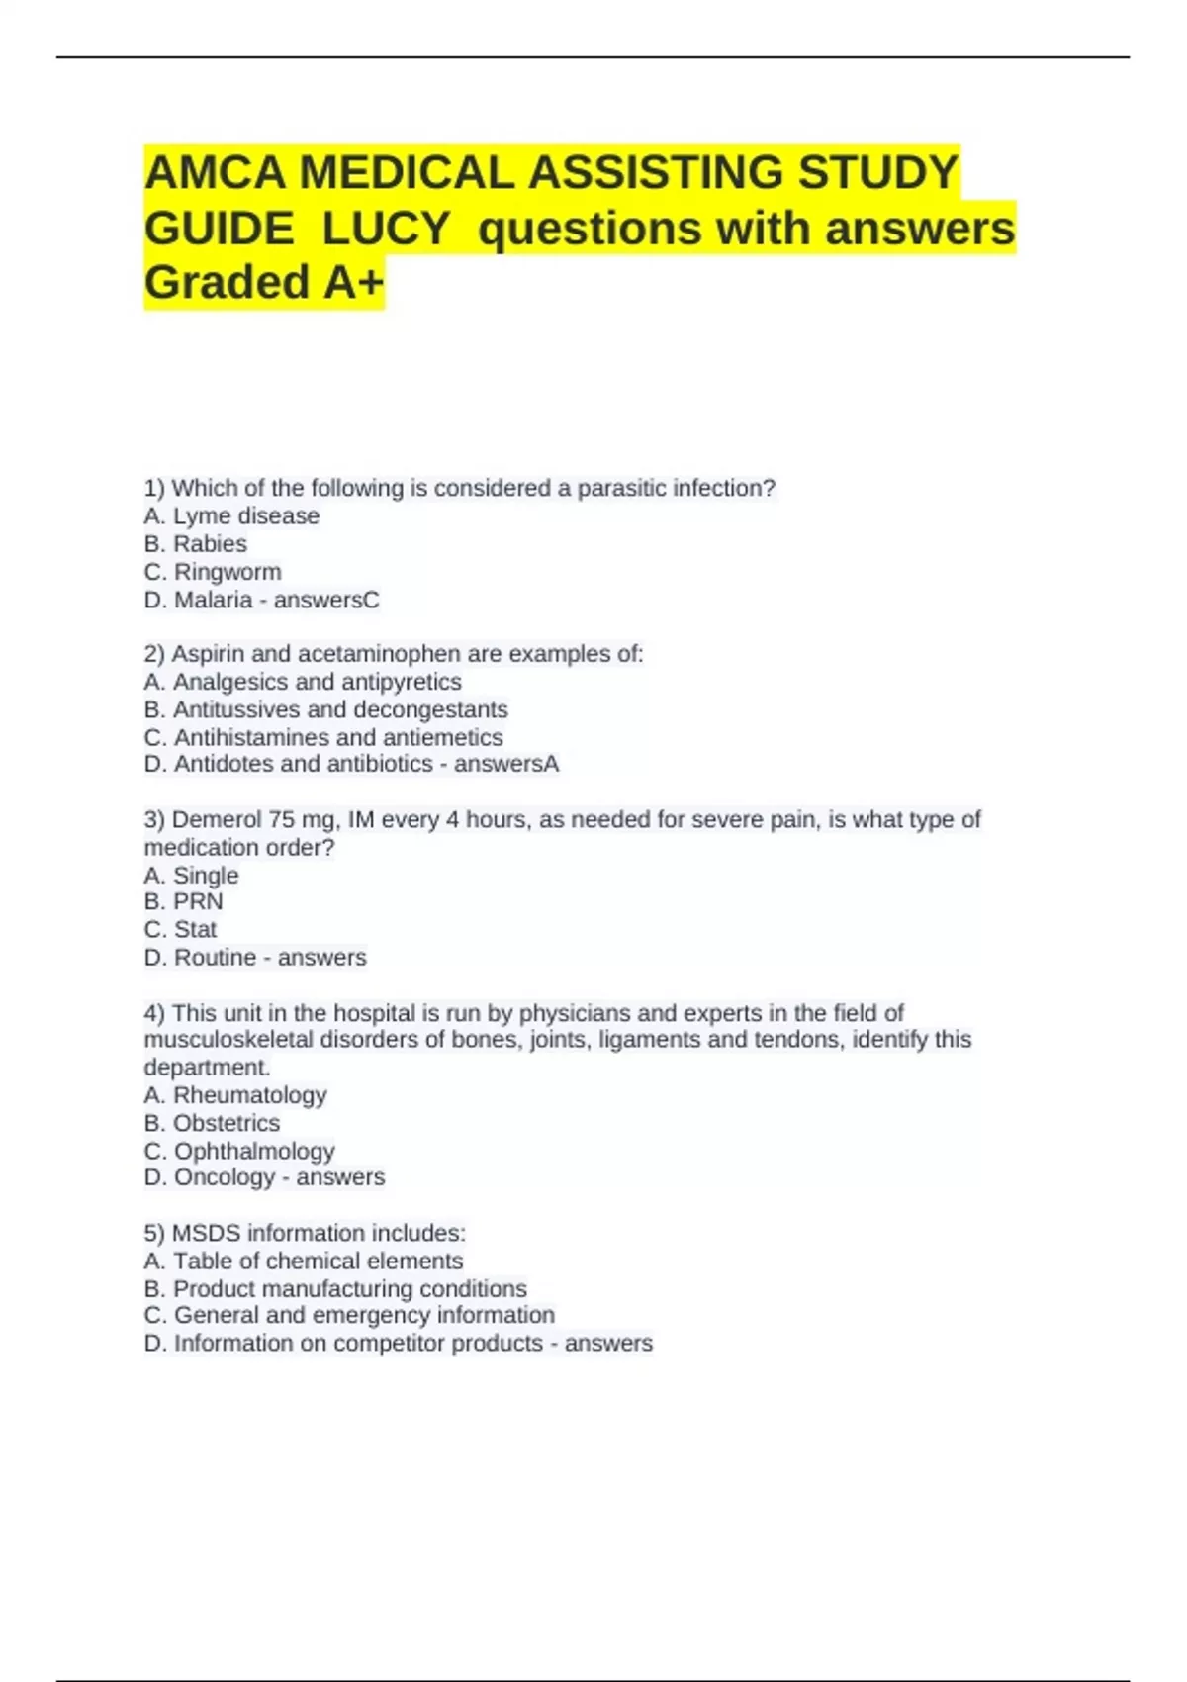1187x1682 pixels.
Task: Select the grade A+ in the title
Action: tap(353, 283)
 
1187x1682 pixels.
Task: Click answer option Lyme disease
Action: tap(245, 516)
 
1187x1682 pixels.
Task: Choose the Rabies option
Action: tap(210, 544)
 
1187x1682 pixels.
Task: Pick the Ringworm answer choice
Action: tap(228, 572)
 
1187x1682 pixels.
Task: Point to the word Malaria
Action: tap(213, 600)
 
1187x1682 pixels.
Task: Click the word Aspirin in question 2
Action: tap(208, 654)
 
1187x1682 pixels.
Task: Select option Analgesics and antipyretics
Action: tap(317, 682)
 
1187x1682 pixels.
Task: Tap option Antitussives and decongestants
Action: tap(339, 709)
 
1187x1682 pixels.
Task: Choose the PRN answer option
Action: tap(198, 901)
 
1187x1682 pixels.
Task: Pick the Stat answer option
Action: tap(195, 929)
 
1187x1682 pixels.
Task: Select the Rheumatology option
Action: tap(249, 1095)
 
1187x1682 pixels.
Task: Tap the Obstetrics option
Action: tap(226, 1123)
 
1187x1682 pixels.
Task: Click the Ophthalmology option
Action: tap(254, 1151)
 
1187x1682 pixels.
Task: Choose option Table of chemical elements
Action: tap(318, 1261)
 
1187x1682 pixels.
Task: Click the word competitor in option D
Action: tap(403, 1343)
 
